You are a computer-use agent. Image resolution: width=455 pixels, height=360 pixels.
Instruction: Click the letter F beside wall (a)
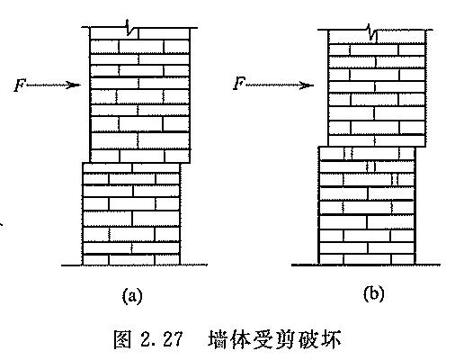pyautogui.click(x=19, y=85)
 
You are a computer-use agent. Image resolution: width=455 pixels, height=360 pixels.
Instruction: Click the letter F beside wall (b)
pyautogui.click(x=239, y=83)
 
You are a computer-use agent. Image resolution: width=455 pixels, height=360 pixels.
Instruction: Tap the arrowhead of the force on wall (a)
pyautogui.click(x=74, y=85)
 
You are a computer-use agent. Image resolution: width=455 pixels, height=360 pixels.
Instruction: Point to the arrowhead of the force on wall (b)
pyautogui.click(x=307, y=85)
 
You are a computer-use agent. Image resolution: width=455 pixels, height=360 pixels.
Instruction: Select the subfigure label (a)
pyautogui.click(x=132, y=296)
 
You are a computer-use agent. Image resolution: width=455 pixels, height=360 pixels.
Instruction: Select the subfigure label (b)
pyautogui.click(x=373, y=294)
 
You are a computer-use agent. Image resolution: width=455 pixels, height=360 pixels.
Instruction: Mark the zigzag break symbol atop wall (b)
pyautogui.click(x=372, y=32)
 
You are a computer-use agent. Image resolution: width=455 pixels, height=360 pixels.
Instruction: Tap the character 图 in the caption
pyautogui.click(x=122, y=339)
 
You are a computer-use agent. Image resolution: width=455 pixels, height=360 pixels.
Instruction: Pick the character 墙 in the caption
pyautogui.click(x=218, y=339)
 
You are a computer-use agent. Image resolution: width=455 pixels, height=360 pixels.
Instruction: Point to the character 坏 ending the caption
pyautogui.click(x=331, y=339)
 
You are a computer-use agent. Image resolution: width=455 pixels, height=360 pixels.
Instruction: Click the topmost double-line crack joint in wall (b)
pyautogui.click(x=348, y=153)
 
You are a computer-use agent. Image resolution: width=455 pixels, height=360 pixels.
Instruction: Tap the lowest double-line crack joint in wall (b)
pyautogui.click(x=395, y=179)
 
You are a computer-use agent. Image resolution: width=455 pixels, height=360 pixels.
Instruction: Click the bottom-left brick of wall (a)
pyautogui.click(x=95, y=260)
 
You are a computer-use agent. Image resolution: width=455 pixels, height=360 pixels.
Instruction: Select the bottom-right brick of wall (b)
pyautogui.click(x=403, y=259)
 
